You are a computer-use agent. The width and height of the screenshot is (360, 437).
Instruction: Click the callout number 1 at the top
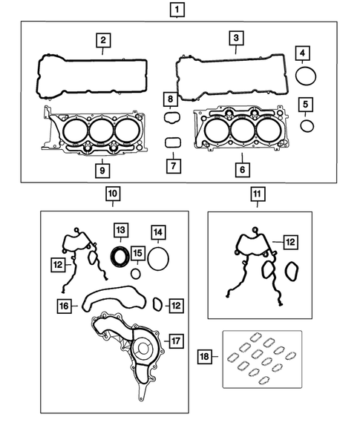[177, 10]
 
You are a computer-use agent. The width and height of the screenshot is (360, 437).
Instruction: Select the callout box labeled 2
[104, 40]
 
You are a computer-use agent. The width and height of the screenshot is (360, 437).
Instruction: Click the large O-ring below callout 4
[305, 76]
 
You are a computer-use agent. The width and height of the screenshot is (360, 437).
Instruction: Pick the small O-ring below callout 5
[307, 125]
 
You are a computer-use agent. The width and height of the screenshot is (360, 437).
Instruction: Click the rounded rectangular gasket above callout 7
[171, 142]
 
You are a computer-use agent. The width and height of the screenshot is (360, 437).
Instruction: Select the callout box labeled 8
[171, 99]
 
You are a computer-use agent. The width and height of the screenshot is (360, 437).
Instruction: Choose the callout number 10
[112, 195]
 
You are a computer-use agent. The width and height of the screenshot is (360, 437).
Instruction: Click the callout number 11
[255, 195]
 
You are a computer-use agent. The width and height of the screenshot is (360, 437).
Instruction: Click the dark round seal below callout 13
[120, 256]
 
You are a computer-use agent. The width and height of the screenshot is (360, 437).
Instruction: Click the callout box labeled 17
[176, 341]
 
